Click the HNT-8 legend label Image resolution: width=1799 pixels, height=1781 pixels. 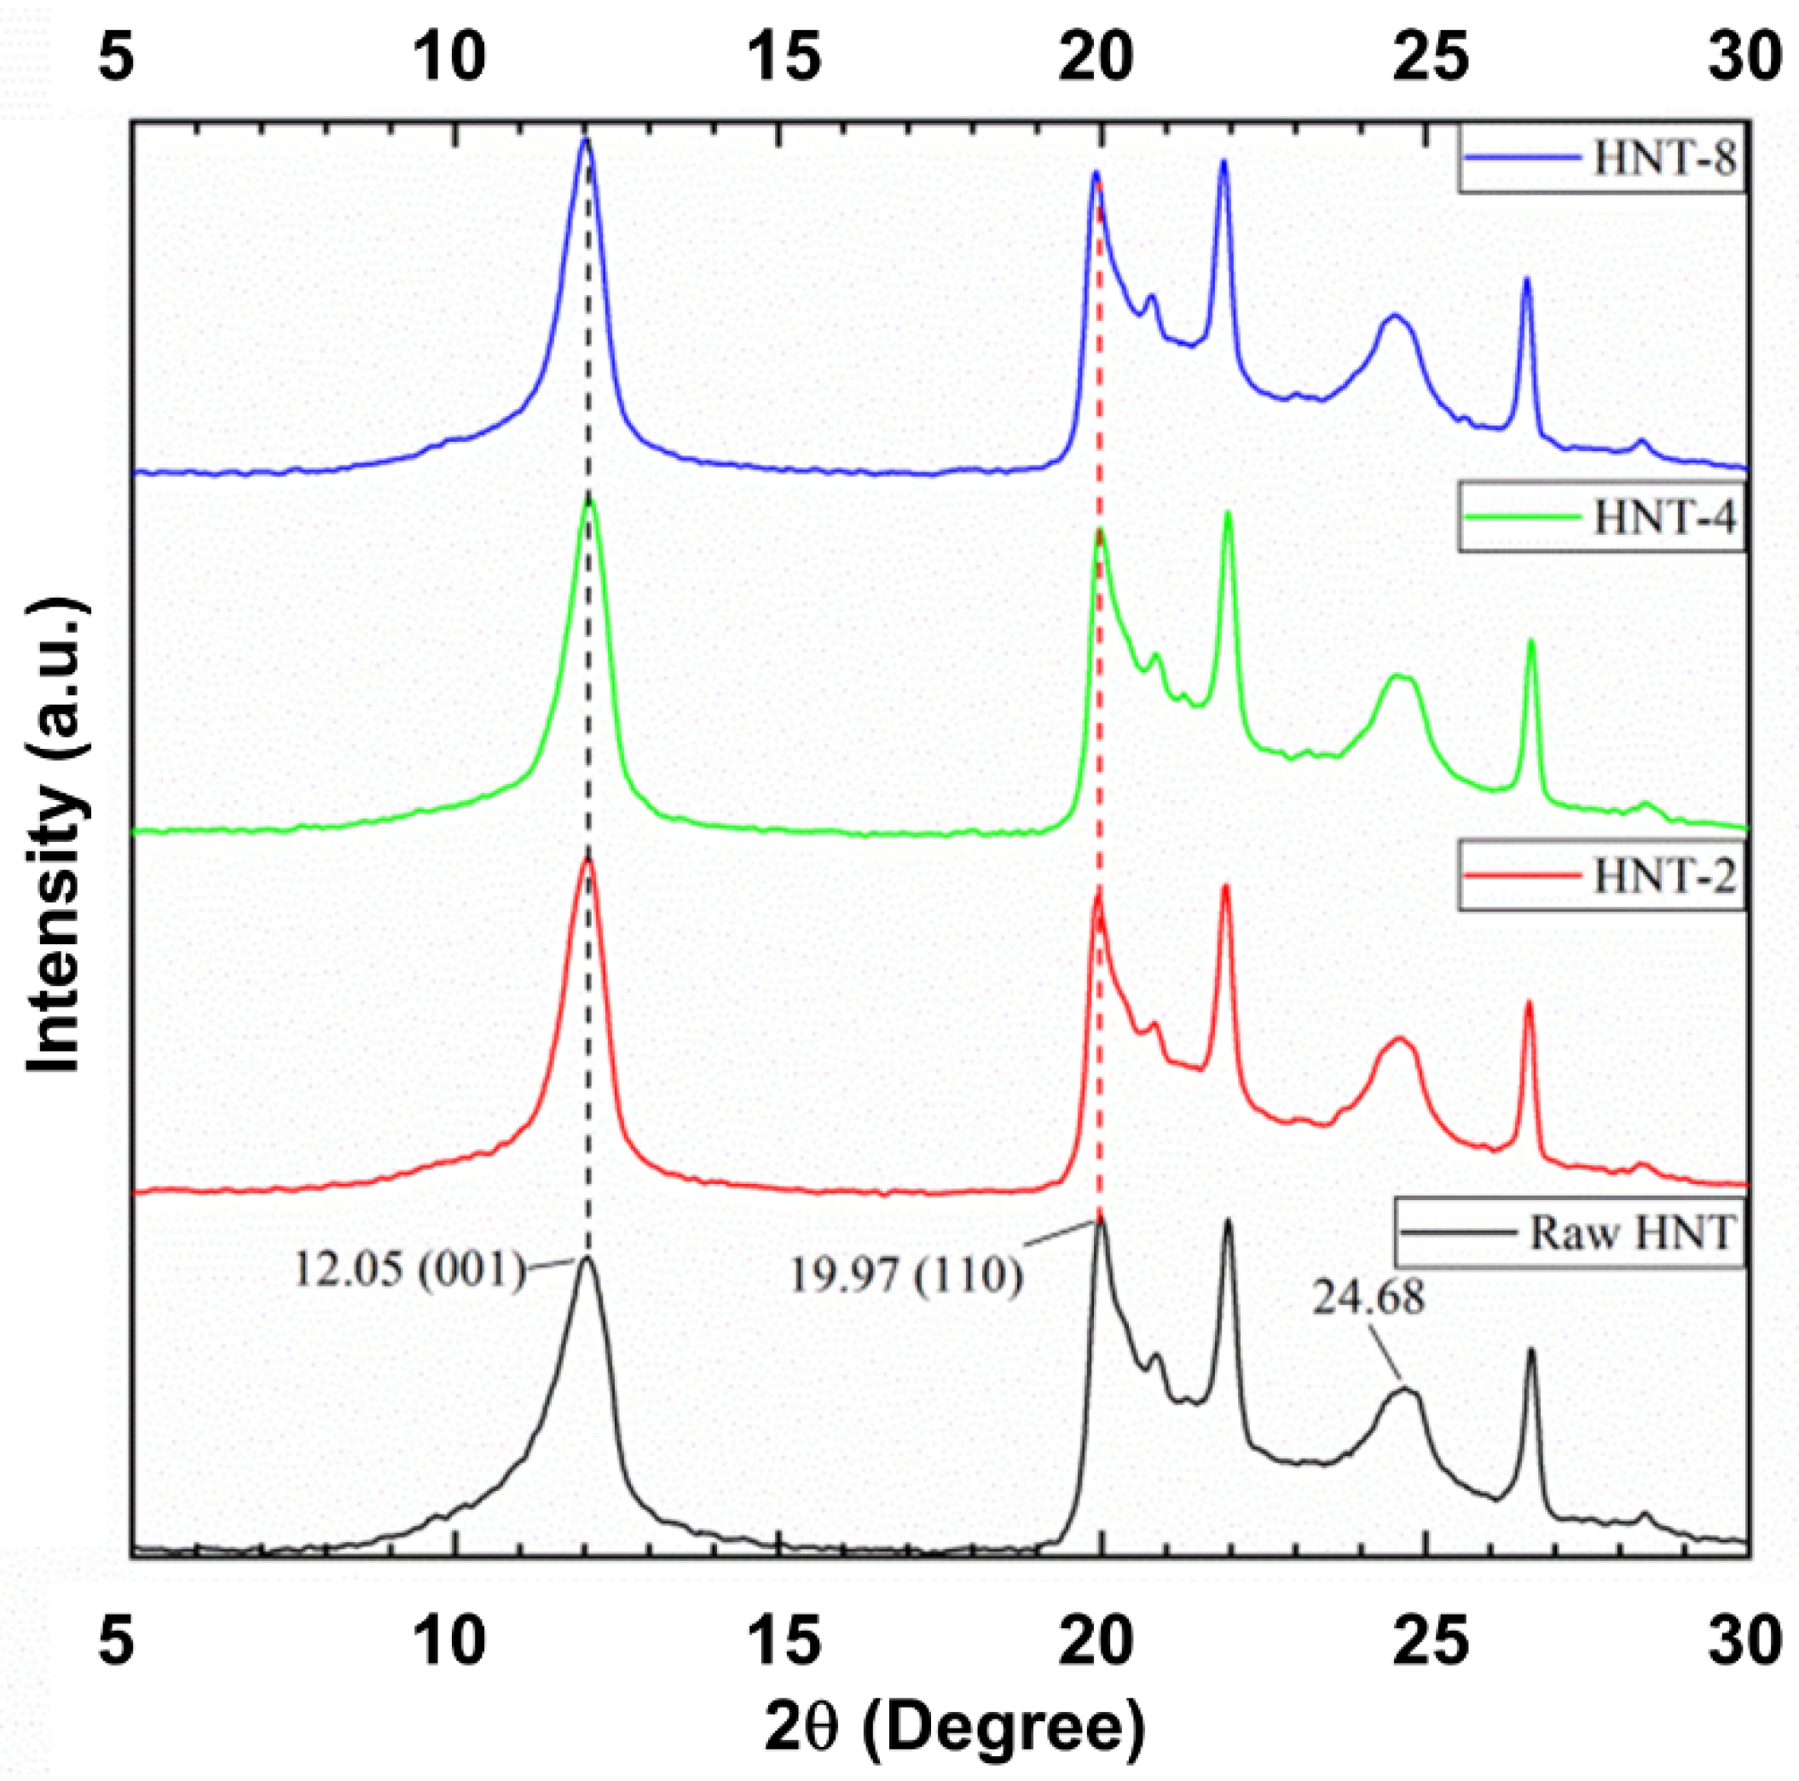(1664, 160)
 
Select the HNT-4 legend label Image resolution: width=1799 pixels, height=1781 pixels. (1664, 519)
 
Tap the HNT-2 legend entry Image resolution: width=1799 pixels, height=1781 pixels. (1664, 878)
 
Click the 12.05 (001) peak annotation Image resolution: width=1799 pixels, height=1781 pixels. (411, 1268)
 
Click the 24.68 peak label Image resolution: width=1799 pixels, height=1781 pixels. (1368, 1297)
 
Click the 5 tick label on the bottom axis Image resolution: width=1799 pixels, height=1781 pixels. (114, 1642)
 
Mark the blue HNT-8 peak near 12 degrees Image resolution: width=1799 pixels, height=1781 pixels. (585, 142)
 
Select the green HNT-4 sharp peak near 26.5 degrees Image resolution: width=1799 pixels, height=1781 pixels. (1532, 643)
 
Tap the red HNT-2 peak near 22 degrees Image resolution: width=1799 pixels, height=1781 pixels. (1225, 888)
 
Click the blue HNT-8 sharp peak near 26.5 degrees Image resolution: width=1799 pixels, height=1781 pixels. (1526, 280)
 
